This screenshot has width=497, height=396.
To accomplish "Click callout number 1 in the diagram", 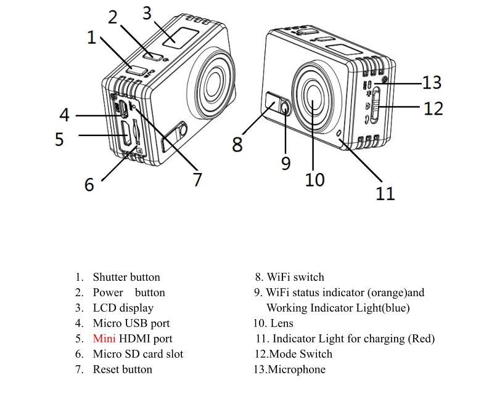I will (x=92, y=38).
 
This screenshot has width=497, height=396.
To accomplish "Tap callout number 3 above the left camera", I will (x=147, y=12).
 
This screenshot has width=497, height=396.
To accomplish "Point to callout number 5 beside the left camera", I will (x=59, y=139).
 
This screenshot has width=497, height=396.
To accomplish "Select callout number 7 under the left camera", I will (x=197, y=179).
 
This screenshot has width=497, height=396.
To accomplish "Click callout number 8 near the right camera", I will (x=237, y=145).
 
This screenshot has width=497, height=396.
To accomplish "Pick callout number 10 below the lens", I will (x=314, y=179).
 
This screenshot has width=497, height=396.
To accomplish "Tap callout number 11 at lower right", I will (x=385, y=193).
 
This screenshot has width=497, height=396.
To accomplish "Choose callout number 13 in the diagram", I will (x=432, y=82).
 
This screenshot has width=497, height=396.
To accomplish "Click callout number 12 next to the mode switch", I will (x=433, y=108).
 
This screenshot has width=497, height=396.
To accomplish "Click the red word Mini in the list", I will (x=104, y=339).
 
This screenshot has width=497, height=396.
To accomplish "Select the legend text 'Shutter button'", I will (x=126, y=277).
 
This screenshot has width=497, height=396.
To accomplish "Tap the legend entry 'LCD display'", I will (x=123, y=308).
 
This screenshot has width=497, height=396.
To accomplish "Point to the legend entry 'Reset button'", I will (x=122, y=370).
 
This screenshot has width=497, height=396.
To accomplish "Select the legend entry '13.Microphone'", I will (x=290, y=370).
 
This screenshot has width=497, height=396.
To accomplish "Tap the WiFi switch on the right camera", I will (x=271, y=100).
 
